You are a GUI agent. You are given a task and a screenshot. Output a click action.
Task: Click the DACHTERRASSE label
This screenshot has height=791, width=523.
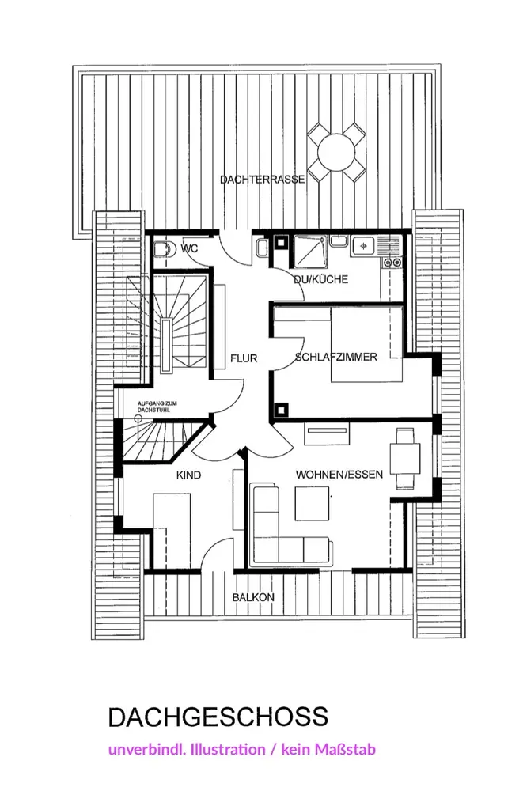[x=262, y=180]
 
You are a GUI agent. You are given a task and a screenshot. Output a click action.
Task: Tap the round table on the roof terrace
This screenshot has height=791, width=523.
[x=336, y=149]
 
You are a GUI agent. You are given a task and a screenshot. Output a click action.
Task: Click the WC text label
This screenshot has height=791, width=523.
[x=188, y=248]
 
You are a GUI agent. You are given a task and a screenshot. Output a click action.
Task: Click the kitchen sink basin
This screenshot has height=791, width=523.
[x=363, y=246]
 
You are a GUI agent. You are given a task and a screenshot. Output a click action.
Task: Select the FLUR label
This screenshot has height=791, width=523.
[x=244, y=358]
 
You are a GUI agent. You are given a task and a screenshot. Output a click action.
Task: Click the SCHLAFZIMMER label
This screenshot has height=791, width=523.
[x=335, y=357]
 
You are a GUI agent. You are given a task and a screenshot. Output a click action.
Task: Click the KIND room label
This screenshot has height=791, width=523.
[x=188, y=475]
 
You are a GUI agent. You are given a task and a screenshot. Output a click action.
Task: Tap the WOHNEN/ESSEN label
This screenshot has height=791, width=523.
[x=339, y=475]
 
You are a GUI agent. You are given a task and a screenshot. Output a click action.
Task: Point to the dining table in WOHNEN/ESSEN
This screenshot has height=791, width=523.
[x=405, y=458]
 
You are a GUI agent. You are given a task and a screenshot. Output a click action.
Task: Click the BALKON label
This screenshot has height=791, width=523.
[x=253, y=598]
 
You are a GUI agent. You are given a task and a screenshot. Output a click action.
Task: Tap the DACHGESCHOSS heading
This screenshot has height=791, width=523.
[x=218, y=717]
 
